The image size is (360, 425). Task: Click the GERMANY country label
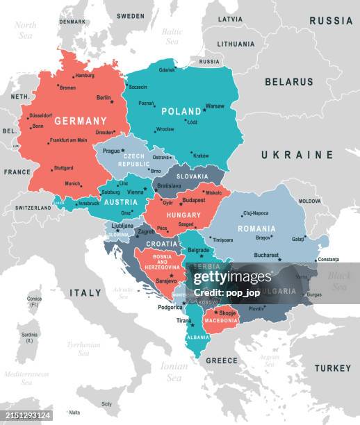[x=81, y=120]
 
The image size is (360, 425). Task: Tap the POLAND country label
[x=181, y=111]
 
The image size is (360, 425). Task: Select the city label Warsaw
[x=215, y=106]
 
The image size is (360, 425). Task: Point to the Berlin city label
[x=104, y=98]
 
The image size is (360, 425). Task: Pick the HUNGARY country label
[x=183, y=215]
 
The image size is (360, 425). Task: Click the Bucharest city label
[x=266, y=255]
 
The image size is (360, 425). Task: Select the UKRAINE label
[x=297, y=155]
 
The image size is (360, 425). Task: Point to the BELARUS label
[x=288, y=82]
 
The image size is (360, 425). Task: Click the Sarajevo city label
[x=166, y=281]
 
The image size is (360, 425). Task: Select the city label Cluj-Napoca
[x=256, y=213]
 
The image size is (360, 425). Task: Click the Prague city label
[x=111, y=151]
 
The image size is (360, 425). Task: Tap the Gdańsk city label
[x=167, y=70]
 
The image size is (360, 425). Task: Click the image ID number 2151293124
[x=26, y=415]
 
